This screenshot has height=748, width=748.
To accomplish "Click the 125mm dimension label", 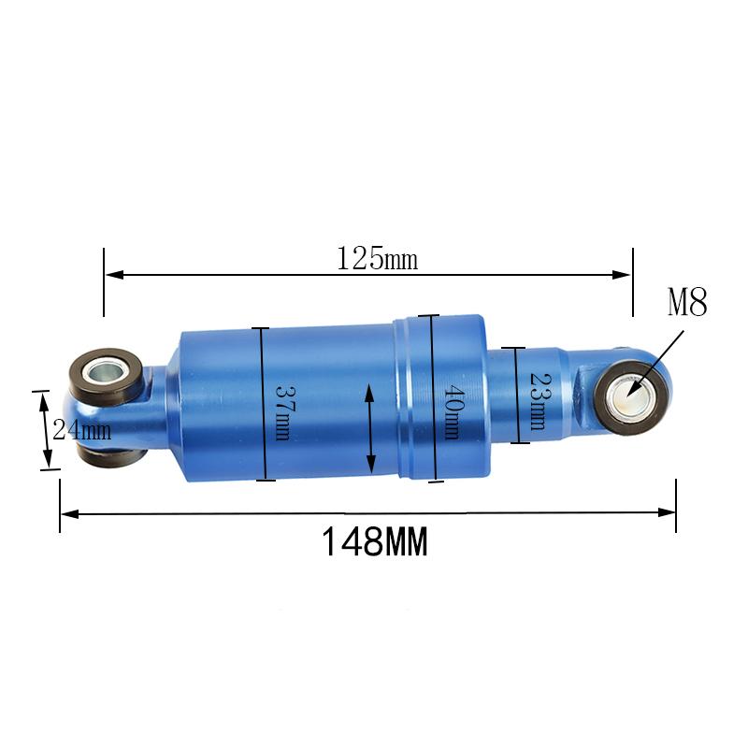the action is pyautogui.click(x=377, y=259).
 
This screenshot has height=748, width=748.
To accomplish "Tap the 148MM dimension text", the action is pyautogui.click(x=375, y=541).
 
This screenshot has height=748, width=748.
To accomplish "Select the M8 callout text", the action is pyautogui.click(x=687, y=302).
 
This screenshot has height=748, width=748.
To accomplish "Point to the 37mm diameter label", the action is pyautogui.click(x=283, y=413).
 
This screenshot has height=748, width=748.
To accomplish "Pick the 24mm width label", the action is pyautogui.click(x=82, y=429).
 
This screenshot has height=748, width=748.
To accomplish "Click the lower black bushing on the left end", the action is pyautogui.click(x=112, y=455).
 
